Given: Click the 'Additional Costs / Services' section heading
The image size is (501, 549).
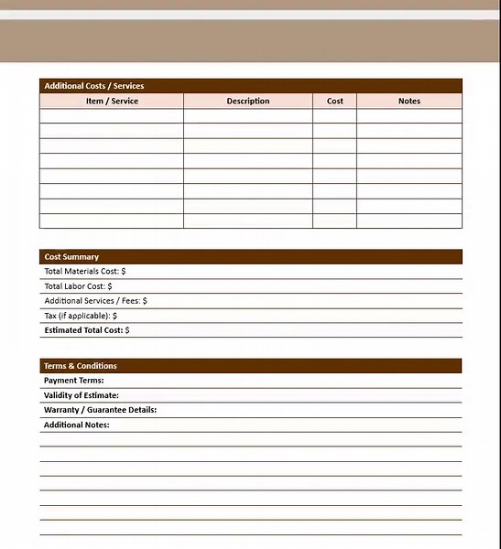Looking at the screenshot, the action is (94, 86).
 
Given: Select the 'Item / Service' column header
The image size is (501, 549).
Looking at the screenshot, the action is (112, 101).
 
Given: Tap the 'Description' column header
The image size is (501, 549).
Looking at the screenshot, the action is (248, 101).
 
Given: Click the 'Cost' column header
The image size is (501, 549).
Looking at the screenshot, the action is (335, 101).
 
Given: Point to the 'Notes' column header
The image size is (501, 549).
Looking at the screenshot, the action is (409, 101).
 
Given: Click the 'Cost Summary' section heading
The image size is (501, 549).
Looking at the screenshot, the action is (71, 257).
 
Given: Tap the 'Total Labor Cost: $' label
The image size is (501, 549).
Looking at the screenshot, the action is (78, 286).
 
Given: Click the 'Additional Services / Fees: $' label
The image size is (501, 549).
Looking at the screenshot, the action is (96, 301).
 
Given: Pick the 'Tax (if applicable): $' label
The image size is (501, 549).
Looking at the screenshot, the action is (81, 316).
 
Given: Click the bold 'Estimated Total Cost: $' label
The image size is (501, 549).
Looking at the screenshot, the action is (87, 330).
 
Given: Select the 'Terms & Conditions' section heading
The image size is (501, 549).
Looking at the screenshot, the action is (81, 366).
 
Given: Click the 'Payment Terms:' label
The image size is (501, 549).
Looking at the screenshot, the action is (74, 381).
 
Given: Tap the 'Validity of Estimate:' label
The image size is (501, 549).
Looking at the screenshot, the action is (82, 395).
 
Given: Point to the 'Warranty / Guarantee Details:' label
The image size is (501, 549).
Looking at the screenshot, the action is (101, 410).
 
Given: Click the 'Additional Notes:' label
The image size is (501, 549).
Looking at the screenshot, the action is (77, 425).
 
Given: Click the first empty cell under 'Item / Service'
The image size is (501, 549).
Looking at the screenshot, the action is (112, 116).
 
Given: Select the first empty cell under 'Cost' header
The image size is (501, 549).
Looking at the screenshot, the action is (335, 116).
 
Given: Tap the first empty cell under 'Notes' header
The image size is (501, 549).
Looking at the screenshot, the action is (409, 116).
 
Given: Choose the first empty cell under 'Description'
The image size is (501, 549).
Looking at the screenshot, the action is (248, 116).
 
